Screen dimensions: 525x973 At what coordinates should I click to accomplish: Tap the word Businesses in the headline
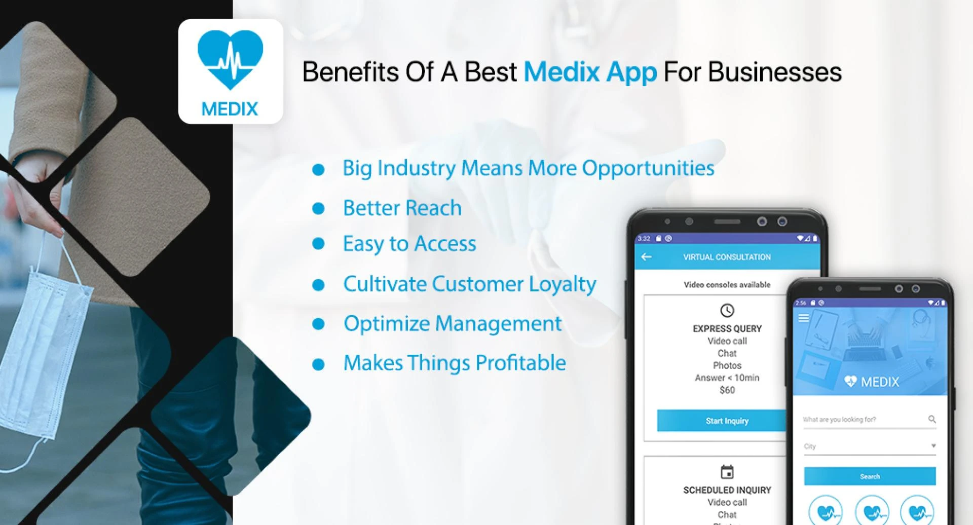(x=775, y=72)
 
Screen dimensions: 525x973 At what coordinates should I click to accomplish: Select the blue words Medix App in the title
(x=590, y=72)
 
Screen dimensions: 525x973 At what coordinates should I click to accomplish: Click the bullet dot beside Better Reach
(x=318, y=209)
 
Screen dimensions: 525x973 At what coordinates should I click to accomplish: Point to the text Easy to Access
(x=409, y=244)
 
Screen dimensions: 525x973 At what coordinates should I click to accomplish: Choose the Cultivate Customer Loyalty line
(x=469, y=284)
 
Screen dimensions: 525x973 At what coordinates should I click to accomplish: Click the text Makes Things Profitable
(x=455, y=363)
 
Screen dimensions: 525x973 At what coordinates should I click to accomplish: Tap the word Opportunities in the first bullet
(x=648, y=168)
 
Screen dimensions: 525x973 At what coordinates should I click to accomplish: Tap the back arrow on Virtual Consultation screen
(x=646, y=257)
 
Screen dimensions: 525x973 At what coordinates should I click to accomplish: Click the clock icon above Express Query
(x=727, y=310)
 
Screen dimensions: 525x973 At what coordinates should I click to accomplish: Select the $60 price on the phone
(x=727, y=390)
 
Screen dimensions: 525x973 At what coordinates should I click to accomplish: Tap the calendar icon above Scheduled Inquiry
(x=727, y=472)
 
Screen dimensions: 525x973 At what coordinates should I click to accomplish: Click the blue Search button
(x=870, y=476)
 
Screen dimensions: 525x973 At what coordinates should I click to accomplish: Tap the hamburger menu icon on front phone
(x=804, y=318)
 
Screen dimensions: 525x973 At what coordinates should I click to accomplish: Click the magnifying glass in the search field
(x=932, y=419)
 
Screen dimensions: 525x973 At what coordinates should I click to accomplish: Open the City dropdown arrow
(x=933, y=446)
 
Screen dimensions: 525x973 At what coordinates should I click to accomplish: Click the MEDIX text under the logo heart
(x=230, y=109)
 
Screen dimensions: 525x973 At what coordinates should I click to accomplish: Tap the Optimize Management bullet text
(x=453, y=323)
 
